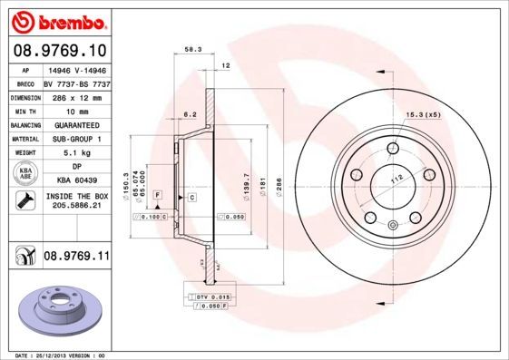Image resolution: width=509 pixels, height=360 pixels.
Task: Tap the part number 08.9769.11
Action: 76,257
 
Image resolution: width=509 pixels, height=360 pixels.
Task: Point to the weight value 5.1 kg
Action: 76,153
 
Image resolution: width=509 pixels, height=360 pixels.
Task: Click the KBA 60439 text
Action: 76,180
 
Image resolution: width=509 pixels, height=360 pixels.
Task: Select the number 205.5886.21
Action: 76,207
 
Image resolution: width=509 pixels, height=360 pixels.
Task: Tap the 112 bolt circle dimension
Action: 396,180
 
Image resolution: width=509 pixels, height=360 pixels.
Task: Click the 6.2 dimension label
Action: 191,114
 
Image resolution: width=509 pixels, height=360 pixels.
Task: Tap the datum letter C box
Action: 192,197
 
